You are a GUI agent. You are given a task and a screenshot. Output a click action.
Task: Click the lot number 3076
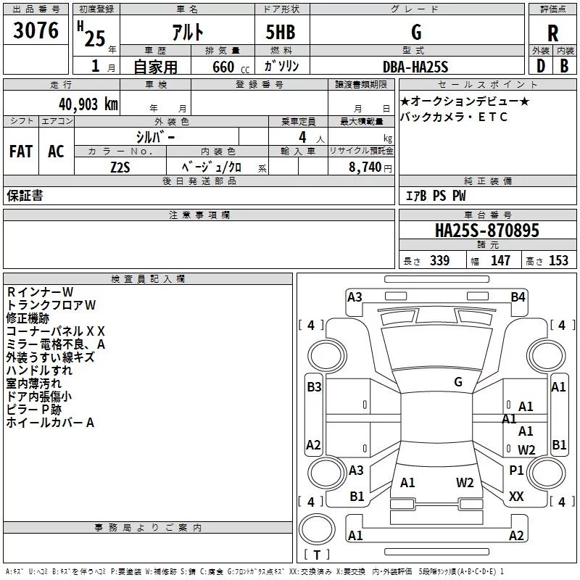click(36, 31)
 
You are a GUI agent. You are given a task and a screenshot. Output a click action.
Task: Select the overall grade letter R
click(552, 34)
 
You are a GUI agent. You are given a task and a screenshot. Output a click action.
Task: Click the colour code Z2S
click(120, 167)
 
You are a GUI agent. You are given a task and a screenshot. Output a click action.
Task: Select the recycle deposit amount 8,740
click(365, 167)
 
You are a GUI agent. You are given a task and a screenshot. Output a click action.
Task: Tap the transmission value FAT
click(21, 152)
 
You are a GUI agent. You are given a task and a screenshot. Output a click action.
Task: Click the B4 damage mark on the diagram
click(518, 297)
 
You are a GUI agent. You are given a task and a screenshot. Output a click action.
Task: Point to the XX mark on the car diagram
click(516, 497)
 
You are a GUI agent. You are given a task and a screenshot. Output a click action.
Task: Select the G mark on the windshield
click(458, 382)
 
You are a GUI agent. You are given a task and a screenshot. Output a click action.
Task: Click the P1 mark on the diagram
click(516, 471)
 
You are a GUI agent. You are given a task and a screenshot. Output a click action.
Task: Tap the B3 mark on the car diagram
click(314, 387)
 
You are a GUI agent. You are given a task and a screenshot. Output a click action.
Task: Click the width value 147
click(500, 260)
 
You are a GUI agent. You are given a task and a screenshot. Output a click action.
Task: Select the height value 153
click(558, 260)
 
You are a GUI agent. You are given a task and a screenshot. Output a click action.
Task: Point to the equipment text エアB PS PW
click(435, 196)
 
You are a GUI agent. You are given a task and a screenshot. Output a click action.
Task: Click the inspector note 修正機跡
click(28, 318)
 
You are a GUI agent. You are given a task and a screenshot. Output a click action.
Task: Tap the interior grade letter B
click(564, 67)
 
